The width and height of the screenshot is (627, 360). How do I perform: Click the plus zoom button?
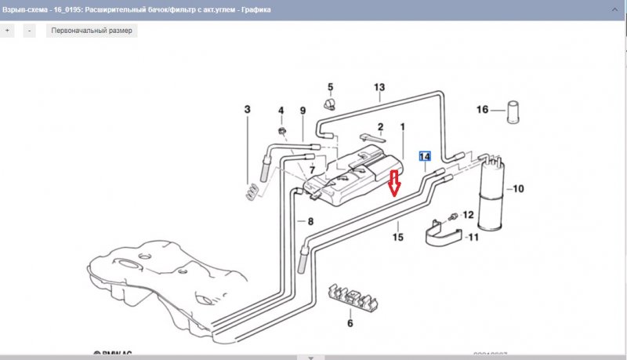click(x=8, y=31)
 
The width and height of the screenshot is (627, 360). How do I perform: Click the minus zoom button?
click(x=29, y=31)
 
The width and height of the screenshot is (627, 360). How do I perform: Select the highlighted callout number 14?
click(x=425, y=156)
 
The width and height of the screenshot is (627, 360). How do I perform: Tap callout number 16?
click(x=483, y=110)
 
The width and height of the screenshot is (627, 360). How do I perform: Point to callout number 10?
click(x=519, y=189)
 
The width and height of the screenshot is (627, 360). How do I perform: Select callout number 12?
click(x=469, y=214)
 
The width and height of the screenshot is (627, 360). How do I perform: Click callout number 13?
click(x=380, y=87)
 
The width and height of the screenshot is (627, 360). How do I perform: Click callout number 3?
click(x=247, y=109)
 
